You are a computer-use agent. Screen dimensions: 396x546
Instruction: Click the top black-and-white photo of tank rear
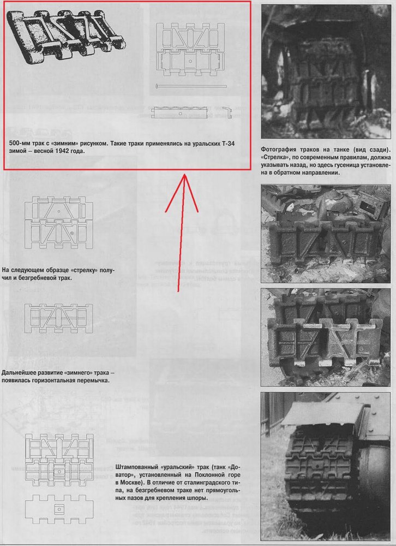(326, 72)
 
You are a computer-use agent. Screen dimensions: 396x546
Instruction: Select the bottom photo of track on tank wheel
(325, 466)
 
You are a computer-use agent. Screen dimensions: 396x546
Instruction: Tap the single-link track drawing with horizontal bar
(59, 318)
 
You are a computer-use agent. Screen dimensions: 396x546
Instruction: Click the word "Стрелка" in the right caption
(274, 158)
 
